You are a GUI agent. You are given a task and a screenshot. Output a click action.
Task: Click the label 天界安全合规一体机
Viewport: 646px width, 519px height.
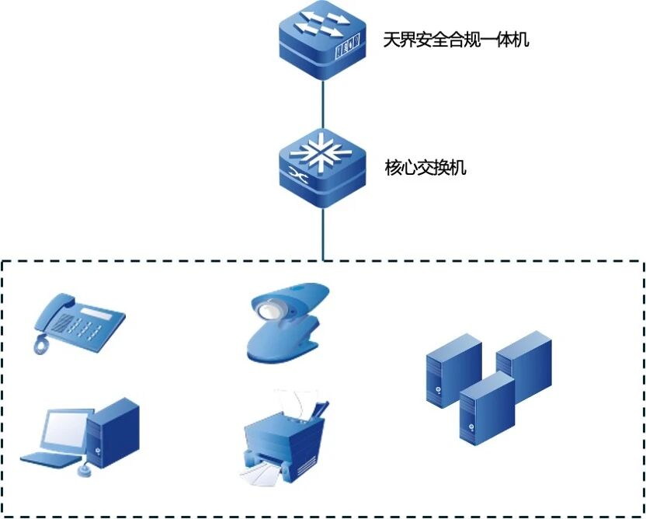tap(457, 39)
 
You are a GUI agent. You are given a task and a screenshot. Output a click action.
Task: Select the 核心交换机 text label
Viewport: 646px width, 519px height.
tap(425, 167)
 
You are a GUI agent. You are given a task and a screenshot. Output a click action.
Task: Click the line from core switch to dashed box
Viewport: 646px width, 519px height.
tap(322, 233)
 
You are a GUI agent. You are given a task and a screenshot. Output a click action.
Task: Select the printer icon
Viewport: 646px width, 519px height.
tap(284, 439)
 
